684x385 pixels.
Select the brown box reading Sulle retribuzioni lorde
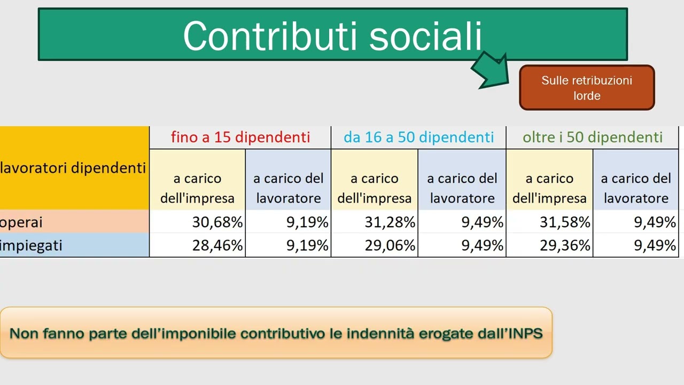[586, 88]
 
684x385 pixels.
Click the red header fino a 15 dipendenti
[240, 137]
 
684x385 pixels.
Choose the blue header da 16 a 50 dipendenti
[418, 137]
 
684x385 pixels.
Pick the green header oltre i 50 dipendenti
[592, 137]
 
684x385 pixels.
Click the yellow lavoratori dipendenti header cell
[74, 168]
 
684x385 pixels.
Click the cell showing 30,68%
[217, 222]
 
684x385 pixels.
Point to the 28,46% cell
[217, 245]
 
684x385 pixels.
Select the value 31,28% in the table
[390, 222]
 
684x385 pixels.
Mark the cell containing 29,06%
[390, 245]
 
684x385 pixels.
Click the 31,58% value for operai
[564, 222]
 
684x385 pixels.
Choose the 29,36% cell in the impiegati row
[564, 245]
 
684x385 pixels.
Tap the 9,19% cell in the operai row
[307, 222]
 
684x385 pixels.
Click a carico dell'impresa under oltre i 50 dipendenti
[549, 188]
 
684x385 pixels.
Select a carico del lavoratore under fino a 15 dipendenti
[288, 188]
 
